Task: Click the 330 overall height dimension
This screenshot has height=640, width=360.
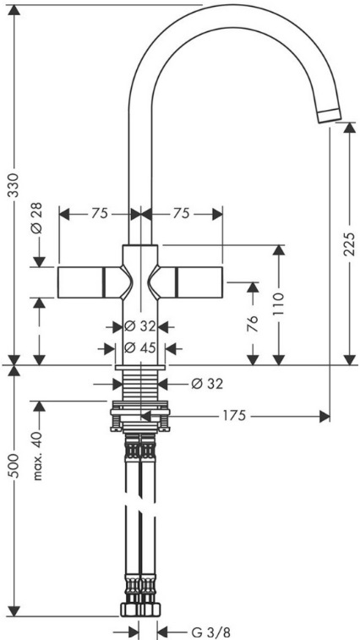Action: pos(14,185)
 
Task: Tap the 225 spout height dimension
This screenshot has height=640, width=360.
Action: pos(349,243)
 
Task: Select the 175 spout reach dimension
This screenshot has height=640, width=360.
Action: pos(234,415)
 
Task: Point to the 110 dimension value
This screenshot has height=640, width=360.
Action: pos(279,304)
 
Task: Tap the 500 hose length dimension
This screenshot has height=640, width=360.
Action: pos(14,466)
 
